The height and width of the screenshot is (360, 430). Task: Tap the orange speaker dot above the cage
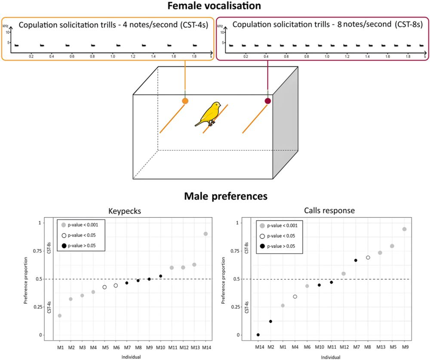click(x=185, y=101)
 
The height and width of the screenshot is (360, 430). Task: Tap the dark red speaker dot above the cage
click(x=268, y=101)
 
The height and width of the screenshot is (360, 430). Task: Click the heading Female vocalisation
click(x=215, y=6)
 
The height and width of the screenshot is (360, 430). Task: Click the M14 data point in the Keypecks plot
click(x=206, y=234)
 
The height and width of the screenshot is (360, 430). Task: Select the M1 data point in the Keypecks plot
click(x=60, y=315)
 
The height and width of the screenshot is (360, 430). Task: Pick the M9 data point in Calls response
click(x=404, y=229)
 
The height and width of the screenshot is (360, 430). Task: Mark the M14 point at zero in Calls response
click(x=258, y=335)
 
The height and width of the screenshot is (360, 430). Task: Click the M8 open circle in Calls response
click(x=368, y=257)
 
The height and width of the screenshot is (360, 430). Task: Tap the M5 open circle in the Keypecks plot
click(x=104, y=287)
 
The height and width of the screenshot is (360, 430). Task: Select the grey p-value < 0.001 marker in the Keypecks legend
click(x=64, y=225)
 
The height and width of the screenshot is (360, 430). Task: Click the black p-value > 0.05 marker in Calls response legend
click(x=262, y=246)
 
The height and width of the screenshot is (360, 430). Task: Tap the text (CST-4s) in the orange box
click(x=191, y=25)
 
